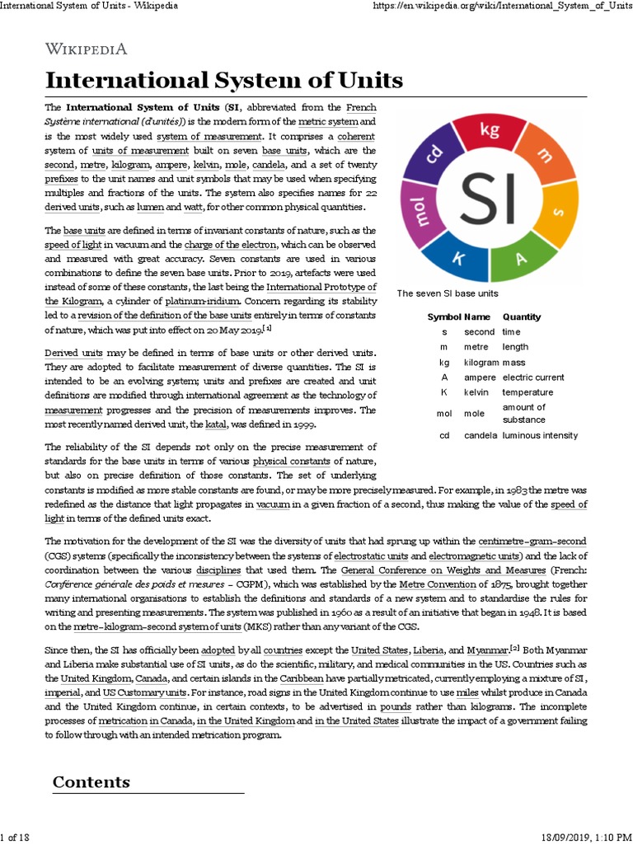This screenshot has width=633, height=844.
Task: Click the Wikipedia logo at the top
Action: click(x=86, y=49)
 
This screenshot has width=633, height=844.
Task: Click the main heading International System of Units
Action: click(x=223, y=80)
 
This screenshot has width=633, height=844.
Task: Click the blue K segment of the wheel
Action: click(x=455, y=259)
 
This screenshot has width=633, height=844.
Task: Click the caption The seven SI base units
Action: click(x=448, y=293)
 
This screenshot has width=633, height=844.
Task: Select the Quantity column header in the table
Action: click(x=521, y=316)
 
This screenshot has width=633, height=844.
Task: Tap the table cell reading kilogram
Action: click(x=481, y=362)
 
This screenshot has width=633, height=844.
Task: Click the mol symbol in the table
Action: click(x=444, y=413)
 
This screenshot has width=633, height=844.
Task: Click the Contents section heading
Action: click(x=91, y=781)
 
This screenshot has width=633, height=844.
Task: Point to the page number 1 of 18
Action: click(x=15, y=837)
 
